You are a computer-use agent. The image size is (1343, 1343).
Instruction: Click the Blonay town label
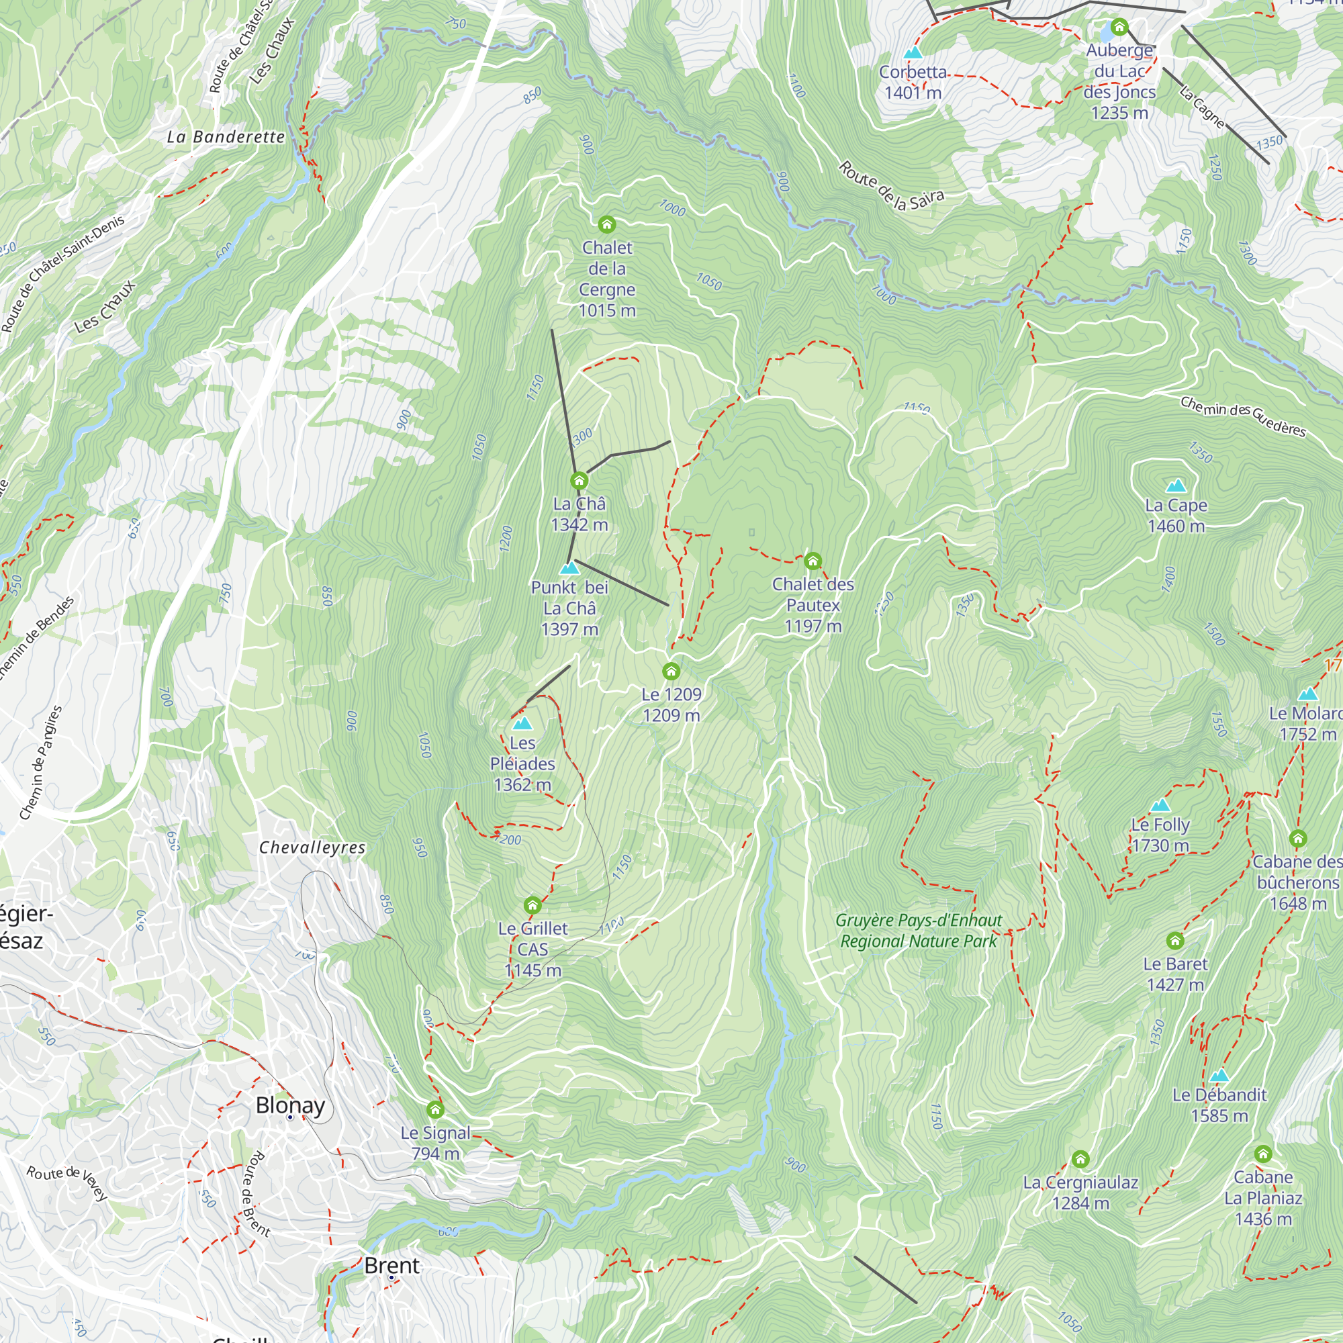(290, 1105)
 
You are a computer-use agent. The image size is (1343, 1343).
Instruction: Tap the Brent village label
(391, 1265)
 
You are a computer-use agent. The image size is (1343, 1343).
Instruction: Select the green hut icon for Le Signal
(435, 1109)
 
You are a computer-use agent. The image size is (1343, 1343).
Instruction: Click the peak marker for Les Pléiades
(522, 724)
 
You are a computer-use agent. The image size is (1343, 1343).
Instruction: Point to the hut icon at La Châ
(579, 480)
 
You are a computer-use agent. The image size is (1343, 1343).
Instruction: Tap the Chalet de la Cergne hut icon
(607, 224)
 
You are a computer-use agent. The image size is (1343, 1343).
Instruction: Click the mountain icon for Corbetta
(913, 53)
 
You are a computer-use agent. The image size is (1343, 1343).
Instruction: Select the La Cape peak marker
(1176, 485)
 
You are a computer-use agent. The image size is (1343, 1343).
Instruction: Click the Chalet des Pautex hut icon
(813, 561)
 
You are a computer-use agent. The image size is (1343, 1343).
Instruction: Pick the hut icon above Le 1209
(671, 671)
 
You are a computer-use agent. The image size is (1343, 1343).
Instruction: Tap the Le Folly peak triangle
(1160, 806)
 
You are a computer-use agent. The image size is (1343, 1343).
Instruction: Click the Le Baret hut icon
(1174, 941)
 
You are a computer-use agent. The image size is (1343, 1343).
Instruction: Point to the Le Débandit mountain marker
(1219, 1075)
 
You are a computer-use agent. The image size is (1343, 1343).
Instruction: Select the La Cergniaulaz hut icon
(1080, 1159)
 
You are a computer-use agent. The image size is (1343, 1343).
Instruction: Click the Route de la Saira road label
(891, 185)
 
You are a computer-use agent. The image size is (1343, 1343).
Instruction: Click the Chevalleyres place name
(312, 847)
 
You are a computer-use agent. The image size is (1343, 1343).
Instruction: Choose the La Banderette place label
(226, 137)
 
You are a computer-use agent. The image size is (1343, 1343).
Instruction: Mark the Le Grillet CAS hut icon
(532, 905)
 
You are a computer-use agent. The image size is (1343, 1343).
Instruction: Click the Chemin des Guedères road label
(1243, 416)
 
